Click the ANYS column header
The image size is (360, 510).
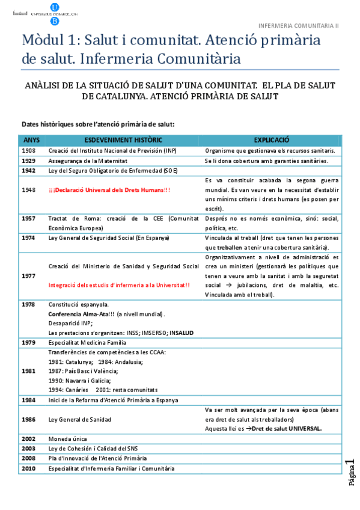tap(30, 139)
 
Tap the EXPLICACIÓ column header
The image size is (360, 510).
tap(272, 139)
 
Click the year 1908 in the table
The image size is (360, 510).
tap(28, 150)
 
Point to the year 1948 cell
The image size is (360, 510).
tap(28, 189)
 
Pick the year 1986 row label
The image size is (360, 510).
tap(28, 420)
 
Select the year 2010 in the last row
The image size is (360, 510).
tap(28, 468)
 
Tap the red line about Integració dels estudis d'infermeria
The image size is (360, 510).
tap(119, 285)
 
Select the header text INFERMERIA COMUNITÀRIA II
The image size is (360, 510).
tap(299, 26)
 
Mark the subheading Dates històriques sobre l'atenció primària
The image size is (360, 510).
tap(98, 124)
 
